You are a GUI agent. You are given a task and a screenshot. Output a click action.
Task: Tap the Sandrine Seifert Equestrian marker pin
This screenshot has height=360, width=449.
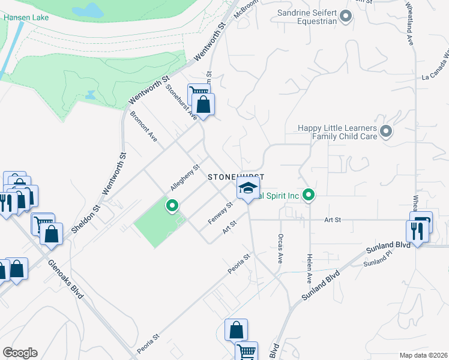click(345, 17)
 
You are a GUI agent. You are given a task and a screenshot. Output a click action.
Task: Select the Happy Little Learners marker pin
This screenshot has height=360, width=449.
click(385, 131)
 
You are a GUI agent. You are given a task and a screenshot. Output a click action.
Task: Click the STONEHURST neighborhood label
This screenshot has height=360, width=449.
click(236, 178)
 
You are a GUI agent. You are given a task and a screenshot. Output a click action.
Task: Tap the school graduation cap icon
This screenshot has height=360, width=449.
click(246, 188)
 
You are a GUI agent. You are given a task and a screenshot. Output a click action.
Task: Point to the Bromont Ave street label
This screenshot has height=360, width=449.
click(144, 126)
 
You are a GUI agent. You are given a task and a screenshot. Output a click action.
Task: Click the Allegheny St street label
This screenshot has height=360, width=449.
click(184, 178)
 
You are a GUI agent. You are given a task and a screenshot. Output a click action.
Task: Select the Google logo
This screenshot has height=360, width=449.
click(20, 353)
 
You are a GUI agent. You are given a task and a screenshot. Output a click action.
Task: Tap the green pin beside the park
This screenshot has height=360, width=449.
click(172, 206)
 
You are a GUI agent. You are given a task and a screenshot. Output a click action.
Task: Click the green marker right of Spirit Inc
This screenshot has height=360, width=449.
click(309, 194)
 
